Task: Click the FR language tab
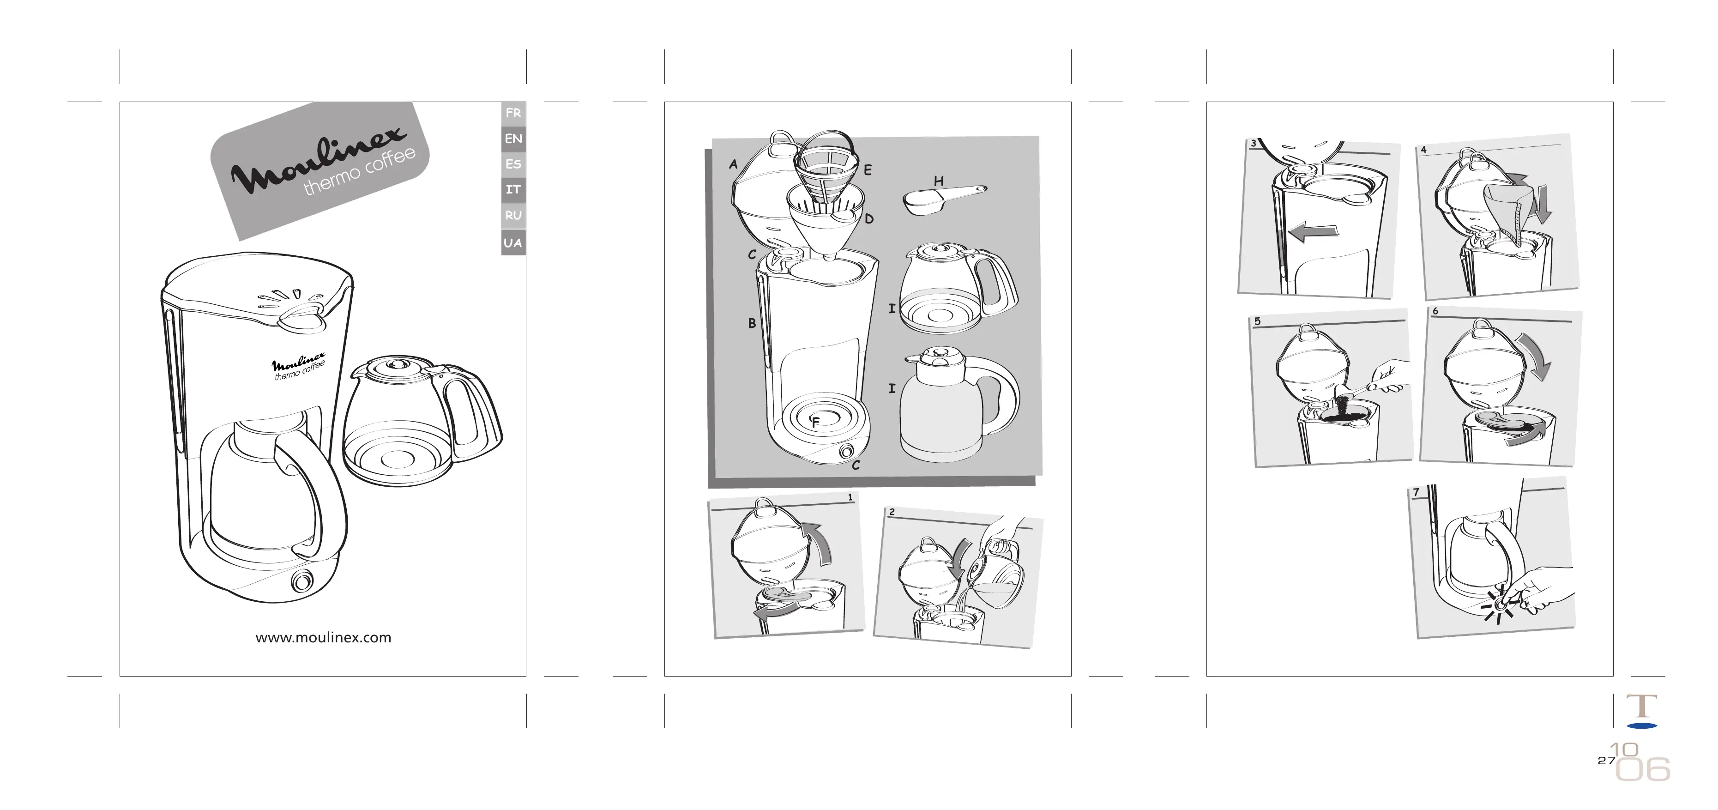click(513, 113)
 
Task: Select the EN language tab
click(513, 139)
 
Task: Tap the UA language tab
click(513, 243)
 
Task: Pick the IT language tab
click(513, 190)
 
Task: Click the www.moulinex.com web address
click(324, 638)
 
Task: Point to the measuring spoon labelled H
click(944, 198)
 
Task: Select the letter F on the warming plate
click(815, 423)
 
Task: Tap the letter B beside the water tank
click(752, 324)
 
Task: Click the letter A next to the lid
click(734, 164)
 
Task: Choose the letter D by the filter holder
click(869, 219)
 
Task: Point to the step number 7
click(1417, 492)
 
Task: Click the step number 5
click(1258, 321)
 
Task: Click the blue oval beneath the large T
click(1642, 725)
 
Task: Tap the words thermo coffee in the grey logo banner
click(360, 172)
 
